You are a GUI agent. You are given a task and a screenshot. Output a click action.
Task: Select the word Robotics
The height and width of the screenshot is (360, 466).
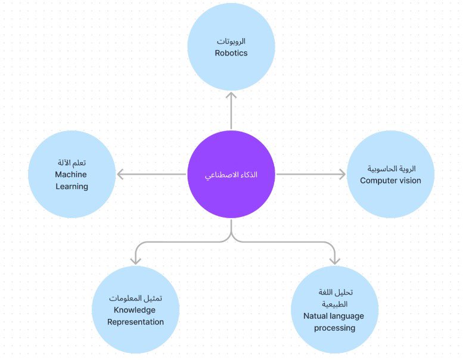[x=231, y=53]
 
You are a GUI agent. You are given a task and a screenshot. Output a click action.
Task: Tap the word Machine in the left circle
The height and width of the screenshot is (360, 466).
[x=71, y=174]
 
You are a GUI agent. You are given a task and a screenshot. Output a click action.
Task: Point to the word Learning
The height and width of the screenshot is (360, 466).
[x=72, y=187]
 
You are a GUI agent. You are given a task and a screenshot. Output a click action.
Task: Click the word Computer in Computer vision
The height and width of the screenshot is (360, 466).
[x=380, y=181]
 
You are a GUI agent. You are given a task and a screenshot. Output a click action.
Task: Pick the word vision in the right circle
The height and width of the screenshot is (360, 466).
[x=411, y=181]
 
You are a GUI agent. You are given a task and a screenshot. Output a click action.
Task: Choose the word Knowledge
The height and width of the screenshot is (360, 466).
[x=134, y=310]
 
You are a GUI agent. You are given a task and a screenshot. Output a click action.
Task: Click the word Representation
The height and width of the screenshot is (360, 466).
[x=135, y=322]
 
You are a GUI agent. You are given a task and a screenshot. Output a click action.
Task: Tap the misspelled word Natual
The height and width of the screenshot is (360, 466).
[x=315, y=316]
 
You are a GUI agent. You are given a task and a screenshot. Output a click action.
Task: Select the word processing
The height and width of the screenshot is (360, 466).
[x=334, y=328]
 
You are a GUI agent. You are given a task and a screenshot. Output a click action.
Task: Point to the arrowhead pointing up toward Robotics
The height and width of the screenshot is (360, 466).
[x=231, y=95]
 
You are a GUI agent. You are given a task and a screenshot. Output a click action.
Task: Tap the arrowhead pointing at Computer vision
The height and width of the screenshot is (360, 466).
[x=341, y=174]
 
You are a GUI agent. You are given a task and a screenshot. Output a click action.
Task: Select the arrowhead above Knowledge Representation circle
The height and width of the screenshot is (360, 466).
[x=136, y=260]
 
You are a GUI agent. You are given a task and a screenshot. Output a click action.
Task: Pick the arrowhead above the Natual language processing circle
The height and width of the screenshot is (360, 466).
[x=335, y=260]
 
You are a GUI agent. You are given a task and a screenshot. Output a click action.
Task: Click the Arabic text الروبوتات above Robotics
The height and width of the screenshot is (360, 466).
[x=231, y=41]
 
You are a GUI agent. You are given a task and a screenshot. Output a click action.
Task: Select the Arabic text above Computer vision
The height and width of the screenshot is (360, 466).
[x=391, y=169]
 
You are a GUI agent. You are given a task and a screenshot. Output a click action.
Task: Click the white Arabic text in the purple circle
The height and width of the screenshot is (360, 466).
[x=231, y=175]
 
